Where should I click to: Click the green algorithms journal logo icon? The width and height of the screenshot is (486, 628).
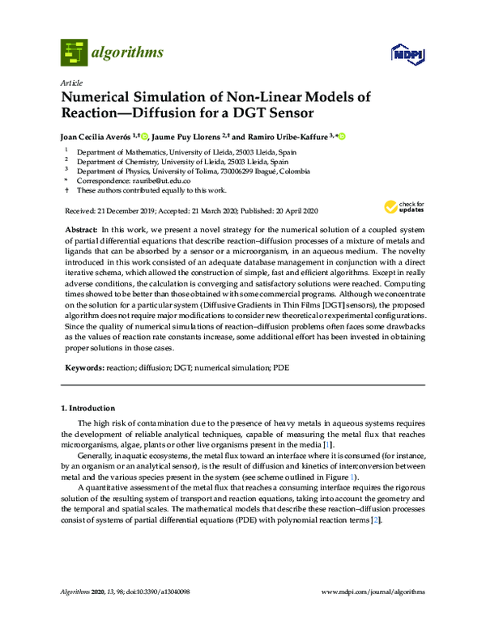(x=75, y=53)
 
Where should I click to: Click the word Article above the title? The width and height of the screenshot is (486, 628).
(x=70, y=83)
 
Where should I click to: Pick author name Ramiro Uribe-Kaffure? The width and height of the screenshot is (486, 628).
(x=292, y=137)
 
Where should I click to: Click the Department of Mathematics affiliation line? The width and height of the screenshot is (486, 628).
(x=178, y=151)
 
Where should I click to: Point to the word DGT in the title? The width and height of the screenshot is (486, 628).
(x=243, y=112)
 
